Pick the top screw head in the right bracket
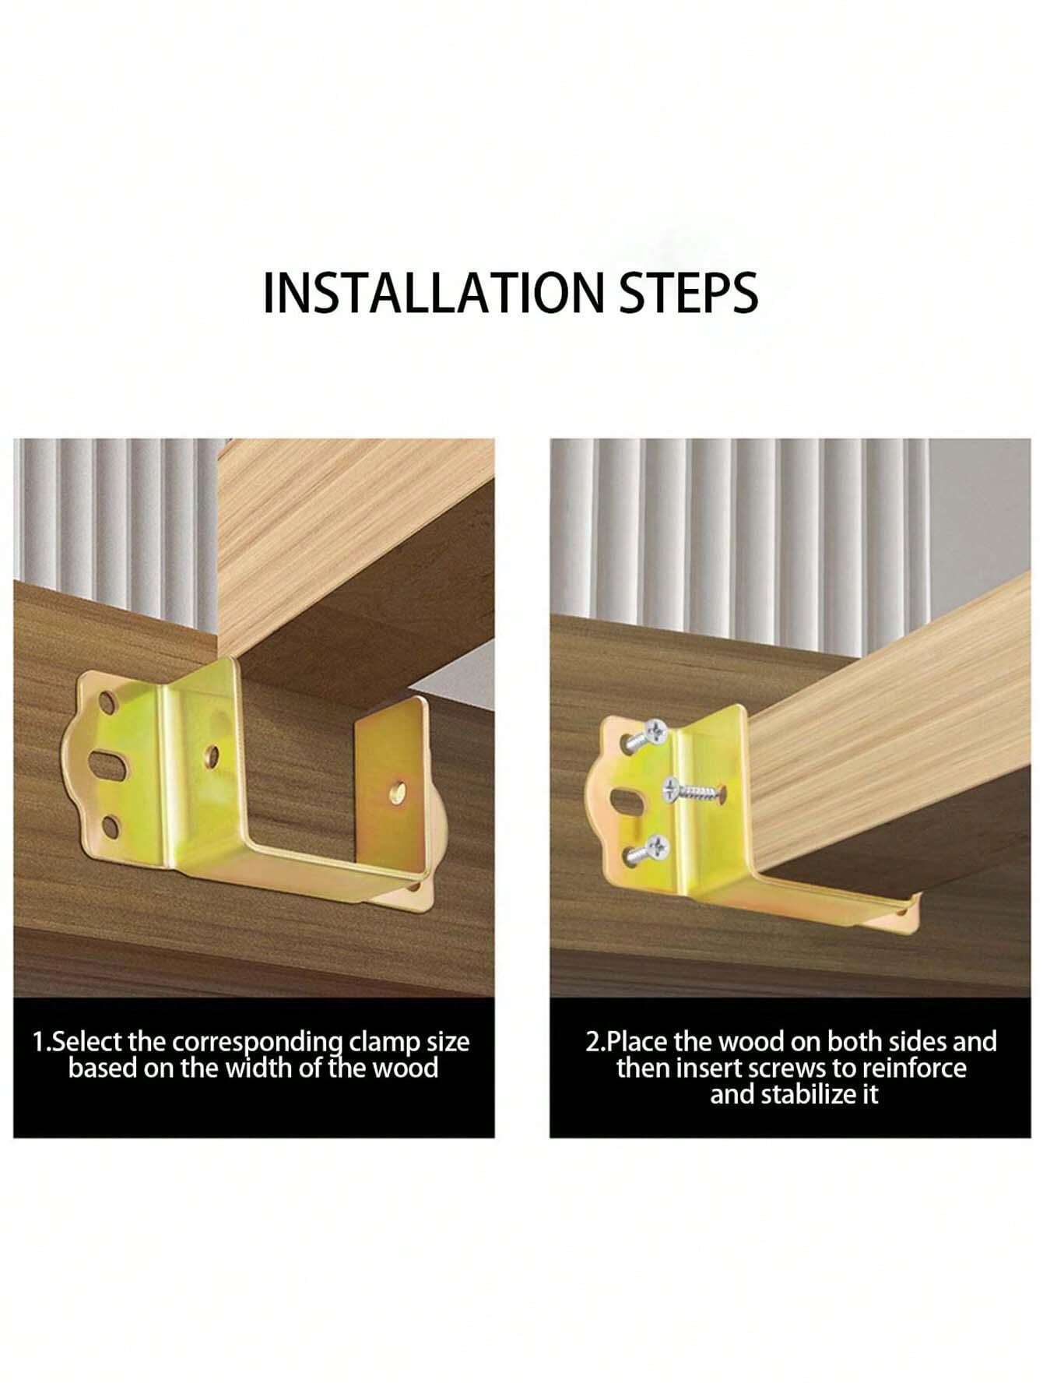coord(653,730)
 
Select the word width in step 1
coord(260,1067)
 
